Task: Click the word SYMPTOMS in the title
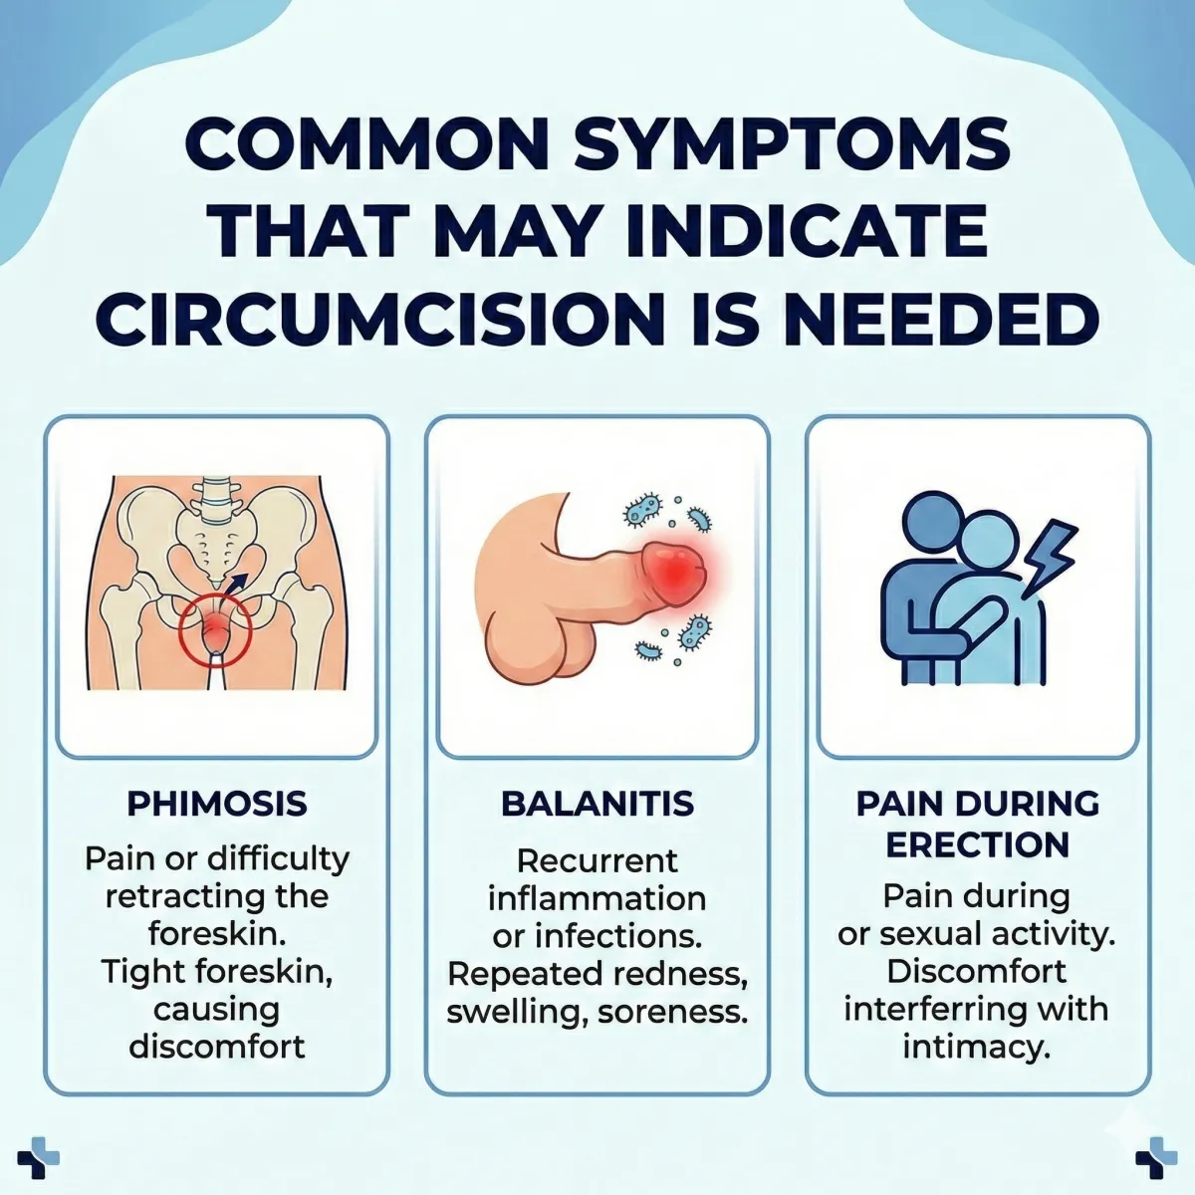click(x=792, y=144)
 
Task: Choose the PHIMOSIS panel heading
click(x=217, y=804)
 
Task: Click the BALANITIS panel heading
click(x=597, y=804)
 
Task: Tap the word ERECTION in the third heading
click(x=977, y=844)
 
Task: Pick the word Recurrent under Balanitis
click(x=597, y=860)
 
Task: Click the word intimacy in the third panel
click(x=977, y=1047)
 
